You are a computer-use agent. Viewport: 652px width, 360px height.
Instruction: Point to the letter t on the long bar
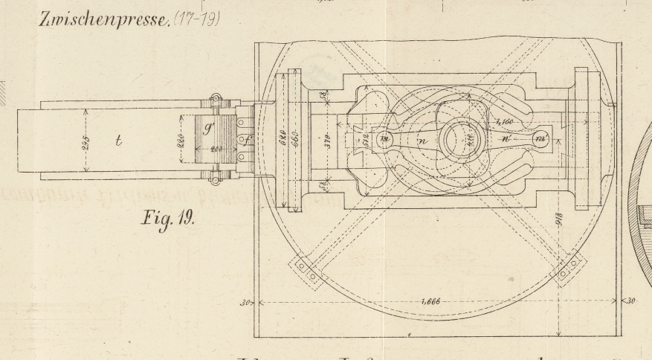point(118,141)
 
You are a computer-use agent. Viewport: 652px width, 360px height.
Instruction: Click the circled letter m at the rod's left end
point(385,139)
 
